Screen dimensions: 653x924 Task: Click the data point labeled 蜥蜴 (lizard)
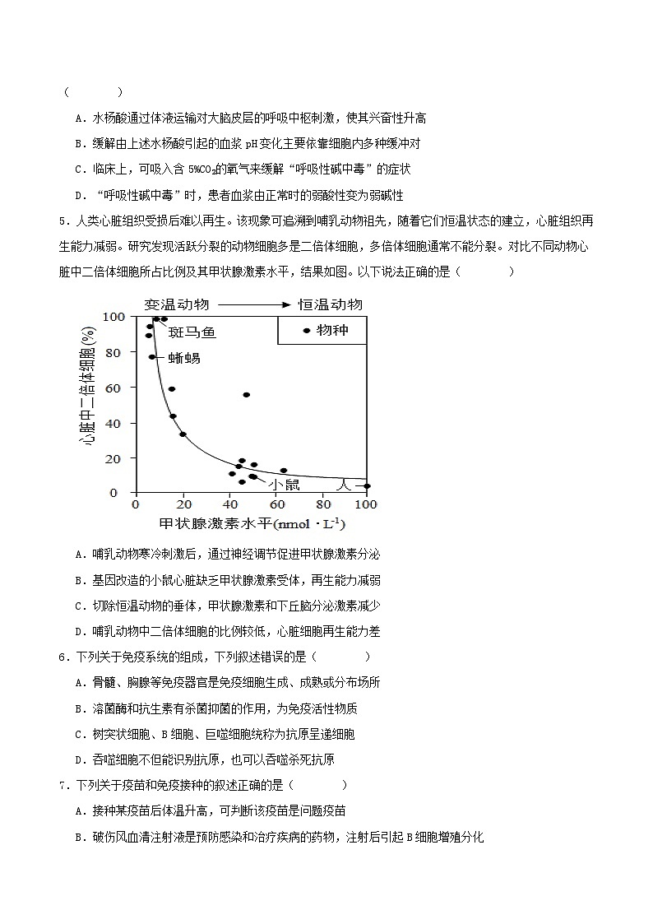tap(152, 357)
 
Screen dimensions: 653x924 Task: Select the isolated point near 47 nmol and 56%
tap(246, 395)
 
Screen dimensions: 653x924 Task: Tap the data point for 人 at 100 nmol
tap(367, 486)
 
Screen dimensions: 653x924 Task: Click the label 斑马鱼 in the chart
tap(192, 332)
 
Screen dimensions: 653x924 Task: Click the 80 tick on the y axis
tap(114, 352)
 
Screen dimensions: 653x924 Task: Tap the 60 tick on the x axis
tap(274, 504)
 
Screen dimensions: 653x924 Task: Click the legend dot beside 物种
tap(307, 331)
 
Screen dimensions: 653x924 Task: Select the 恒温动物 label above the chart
tap(330, 304)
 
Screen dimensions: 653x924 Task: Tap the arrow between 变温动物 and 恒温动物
tap(253, 304)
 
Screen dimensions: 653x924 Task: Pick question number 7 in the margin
tap(63, 785)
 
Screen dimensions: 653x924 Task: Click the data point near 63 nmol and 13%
tap(284, 471)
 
